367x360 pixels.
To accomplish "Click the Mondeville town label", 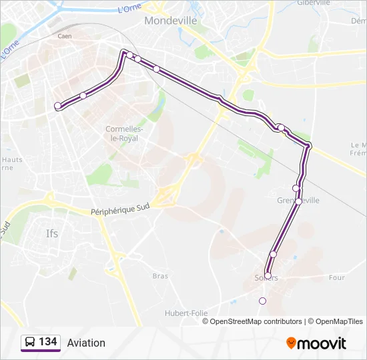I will point(171,21).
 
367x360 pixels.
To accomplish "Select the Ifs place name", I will point(52,233).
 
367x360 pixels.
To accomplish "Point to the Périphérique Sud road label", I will point(119,209).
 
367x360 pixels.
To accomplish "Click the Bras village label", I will point(160,275).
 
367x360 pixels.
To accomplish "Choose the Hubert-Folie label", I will point(186,313).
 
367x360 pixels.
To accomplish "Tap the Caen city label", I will point(65,36).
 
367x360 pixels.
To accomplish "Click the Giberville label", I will point(313,3).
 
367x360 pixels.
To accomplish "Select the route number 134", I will point(47,342).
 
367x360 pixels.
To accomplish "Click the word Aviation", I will point(86,343).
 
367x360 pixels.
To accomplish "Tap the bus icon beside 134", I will point(30,342).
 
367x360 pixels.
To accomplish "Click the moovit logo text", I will point(322,343).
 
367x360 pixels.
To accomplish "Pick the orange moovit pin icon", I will point(291,343).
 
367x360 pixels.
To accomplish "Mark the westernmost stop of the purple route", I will point(57,105).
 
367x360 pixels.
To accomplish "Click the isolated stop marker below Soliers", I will point(262,301).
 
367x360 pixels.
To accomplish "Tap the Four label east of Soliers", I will point(337,277).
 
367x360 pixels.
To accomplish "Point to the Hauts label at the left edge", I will point(12,159).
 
